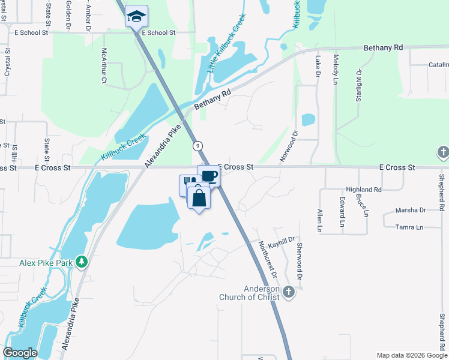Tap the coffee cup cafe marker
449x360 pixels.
coord(208,176)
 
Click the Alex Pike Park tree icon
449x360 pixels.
coord(82,262)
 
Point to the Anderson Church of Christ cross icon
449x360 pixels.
coord(288,292)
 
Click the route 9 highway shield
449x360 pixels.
coord(197,146)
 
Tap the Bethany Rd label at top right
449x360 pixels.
coord(382,47)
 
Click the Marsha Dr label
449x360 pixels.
coord(411,210)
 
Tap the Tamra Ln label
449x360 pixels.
coord(410,227)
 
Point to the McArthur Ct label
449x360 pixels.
coord(104,66)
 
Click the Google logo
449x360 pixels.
coord(20,352)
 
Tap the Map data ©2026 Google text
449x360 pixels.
coord(412,355)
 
